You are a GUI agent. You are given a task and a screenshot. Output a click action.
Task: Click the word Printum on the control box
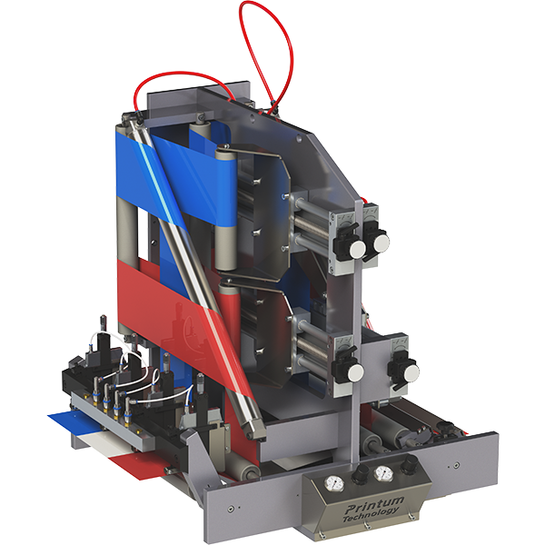pyautogui.click(x=374, y=505)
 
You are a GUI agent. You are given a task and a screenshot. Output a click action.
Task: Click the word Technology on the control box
pyautogui.click(x=371, y=515)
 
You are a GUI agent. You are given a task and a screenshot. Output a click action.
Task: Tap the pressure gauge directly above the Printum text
pyautogui.click(x=334, y=483)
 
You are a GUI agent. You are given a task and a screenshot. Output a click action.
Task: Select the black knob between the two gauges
pyautogui.click(x=360, y=473)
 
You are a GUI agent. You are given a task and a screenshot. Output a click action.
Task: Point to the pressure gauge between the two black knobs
pyautogui.click(x=383, y=472)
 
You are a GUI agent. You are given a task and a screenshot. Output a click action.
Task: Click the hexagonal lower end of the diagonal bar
pyautogui.click(x=255, y=430)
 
